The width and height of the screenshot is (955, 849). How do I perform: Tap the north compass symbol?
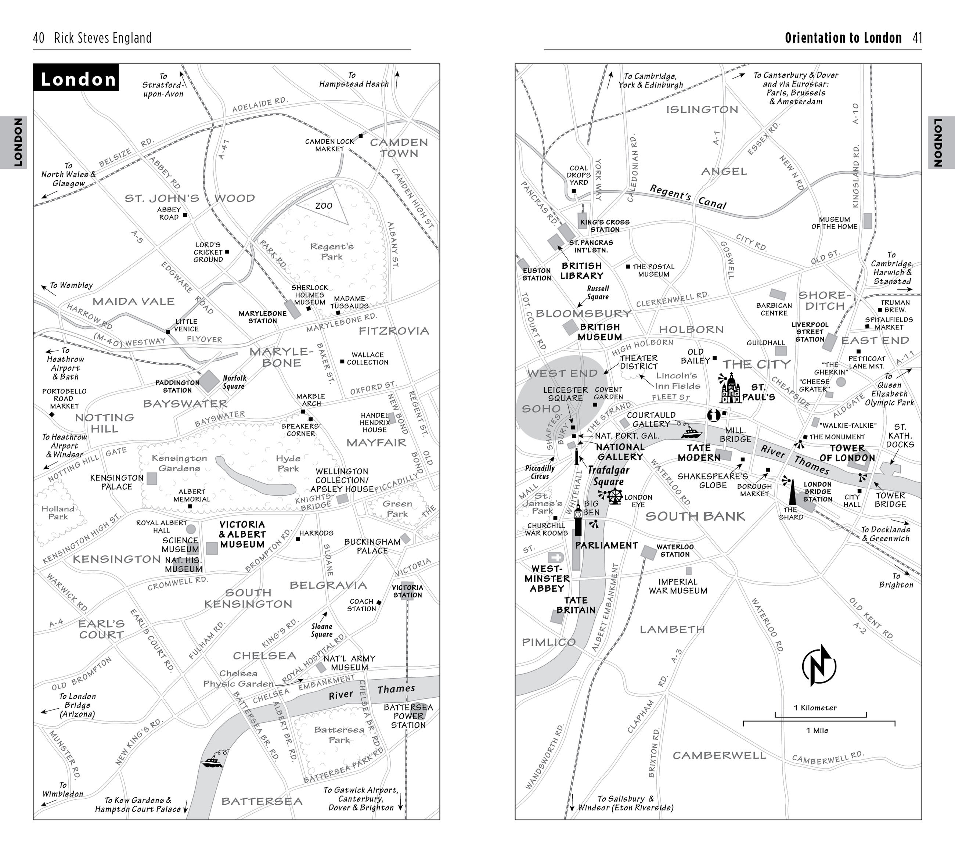(819, 665)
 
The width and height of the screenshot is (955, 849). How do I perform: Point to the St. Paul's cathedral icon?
(730, 388)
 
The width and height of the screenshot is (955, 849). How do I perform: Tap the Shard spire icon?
(792, 493)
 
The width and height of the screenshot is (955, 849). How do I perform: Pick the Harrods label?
(316, 533)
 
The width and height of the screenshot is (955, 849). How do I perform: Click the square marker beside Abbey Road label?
(185, 215)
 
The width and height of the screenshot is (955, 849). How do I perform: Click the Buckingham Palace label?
(372, 546)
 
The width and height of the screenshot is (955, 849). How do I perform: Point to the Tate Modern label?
(699, 452)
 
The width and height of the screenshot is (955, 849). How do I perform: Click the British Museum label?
(599, 332)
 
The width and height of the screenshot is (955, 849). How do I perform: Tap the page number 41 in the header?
(917, 38)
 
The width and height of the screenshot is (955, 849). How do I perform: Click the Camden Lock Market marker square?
(361, 136)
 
